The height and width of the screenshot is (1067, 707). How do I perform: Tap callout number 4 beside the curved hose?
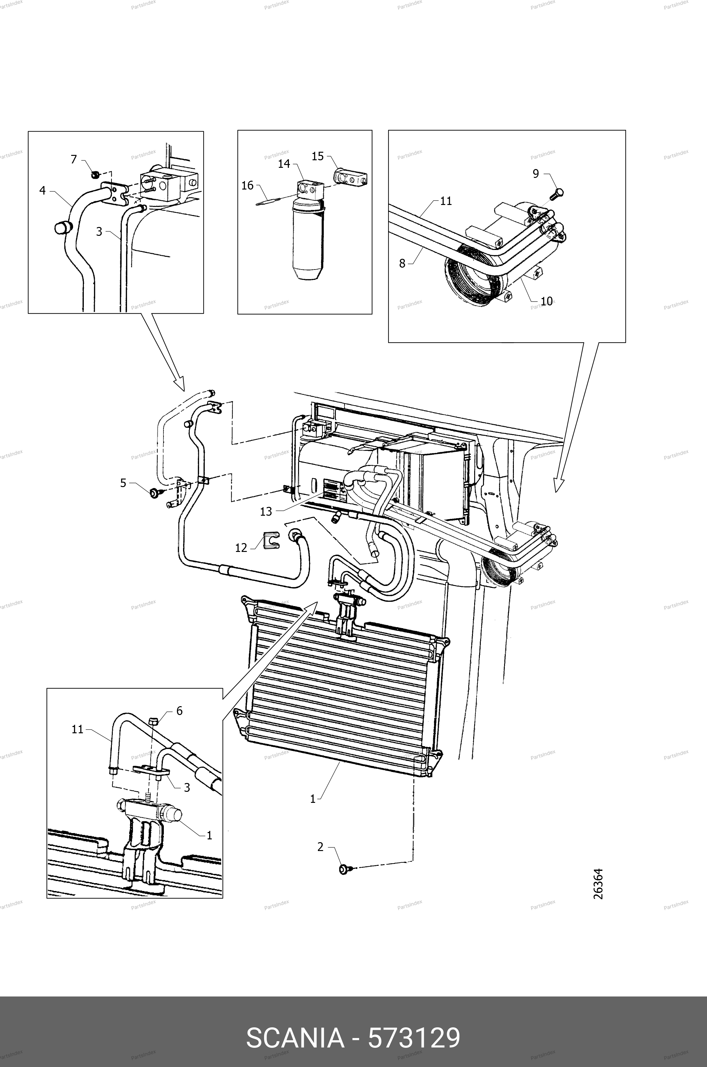(x=43, y=190)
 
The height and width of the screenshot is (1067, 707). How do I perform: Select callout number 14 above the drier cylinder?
(x=284, y=164)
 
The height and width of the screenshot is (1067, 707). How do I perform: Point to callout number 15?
(x=318, y=156)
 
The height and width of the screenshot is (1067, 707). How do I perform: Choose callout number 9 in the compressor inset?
(x=536, y=173)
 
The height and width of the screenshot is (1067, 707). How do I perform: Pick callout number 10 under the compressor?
(x=547, y=301)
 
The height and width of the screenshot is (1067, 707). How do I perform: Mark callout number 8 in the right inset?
(x=402, y=264)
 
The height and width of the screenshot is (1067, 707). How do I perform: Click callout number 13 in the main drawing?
(x=266, y=511)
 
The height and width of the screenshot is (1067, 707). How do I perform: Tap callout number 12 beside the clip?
(x=241, y=548)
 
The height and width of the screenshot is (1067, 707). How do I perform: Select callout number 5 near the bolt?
(x=123, y=483)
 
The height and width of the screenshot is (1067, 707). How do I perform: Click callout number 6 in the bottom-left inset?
(x=180, y=711)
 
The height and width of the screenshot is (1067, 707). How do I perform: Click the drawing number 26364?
(x=598, y=884)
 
